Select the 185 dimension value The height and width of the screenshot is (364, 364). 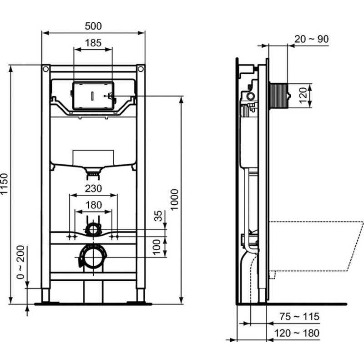(x=93, y=44)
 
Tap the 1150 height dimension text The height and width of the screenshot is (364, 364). (x=5, y=184)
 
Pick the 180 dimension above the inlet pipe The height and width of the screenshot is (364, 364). (x=94, y=205)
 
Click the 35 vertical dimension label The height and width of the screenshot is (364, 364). (x=158, y=216)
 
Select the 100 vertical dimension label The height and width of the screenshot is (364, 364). (x=158, y=248)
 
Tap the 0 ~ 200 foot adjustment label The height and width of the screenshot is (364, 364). (x=20, y=267)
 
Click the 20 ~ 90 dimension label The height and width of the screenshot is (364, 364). (x=311, y=39)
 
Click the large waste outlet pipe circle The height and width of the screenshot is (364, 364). (x=93, y=257)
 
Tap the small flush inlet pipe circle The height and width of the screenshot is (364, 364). (x=93, y=228)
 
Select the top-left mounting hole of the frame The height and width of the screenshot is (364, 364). (x=45, y=69)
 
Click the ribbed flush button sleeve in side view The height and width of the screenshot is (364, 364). (x=278, y=96)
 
